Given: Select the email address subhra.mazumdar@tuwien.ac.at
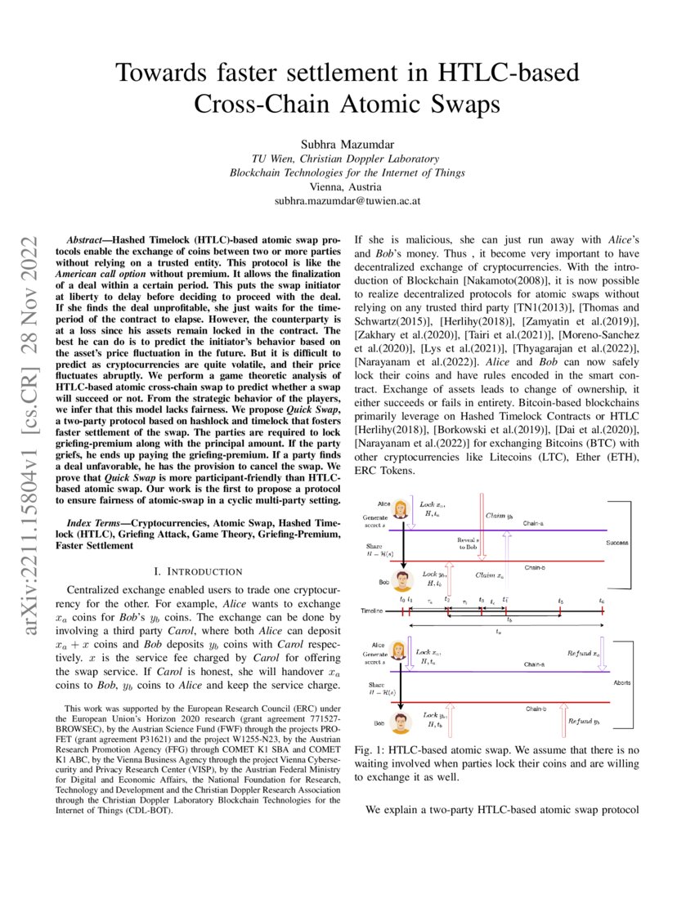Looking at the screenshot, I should [x=347, y=200].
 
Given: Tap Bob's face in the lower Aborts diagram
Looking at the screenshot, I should [x=401, y=722].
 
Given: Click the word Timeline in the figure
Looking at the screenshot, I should [x=375, y=611].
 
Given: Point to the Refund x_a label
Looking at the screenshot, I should [x=584, y=654].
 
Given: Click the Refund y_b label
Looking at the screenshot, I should [x=584, y=722].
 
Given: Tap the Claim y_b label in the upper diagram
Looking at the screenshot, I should [x=499, y=516].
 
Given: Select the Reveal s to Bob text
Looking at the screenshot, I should [x=469, y=543].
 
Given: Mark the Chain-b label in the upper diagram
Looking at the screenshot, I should [x=536, y=566].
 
